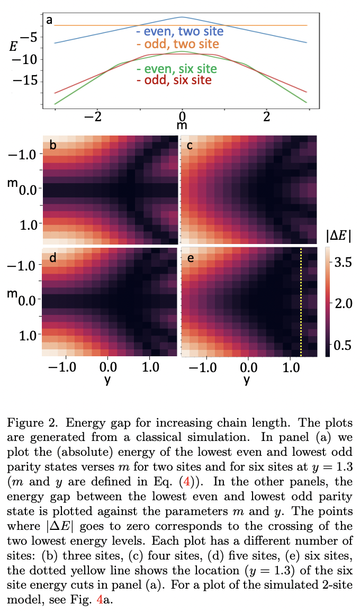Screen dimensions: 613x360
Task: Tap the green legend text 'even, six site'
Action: pos(176,69)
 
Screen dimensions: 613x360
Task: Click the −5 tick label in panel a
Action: pos(29,38)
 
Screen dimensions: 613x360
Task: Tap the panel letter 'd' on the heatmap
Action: pos(52,258)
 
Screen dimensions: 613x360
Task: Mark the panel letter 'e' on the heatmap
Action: pos(190,258)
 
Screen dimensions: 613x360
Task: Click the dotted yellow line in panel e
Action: pos(301,302)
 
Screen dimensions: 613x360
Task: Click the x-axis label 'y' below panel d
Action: pos(108,380)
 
